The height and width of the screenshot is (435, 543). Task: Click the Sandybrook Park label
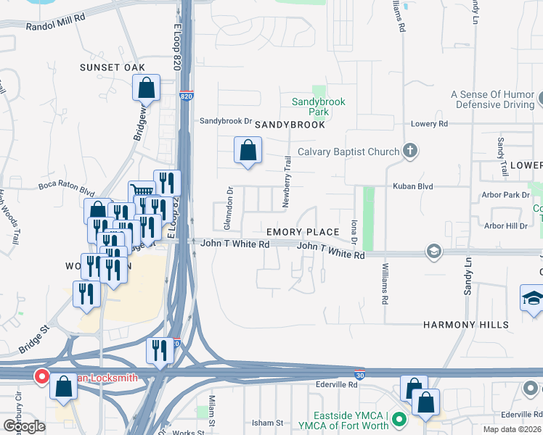(318, 107)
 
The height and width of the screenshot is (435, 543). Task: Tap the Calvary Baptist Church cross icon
(410, 152)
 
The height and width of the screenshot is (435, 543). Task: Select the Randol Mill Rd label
(55, 25)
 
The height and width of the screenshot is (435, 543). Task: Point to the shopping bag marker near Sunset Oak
(146, 88)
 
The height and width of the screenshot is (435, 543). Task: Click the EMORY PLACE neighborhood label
(303, 232)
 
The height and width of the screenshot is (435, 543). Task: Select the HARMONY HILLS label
(466, 325)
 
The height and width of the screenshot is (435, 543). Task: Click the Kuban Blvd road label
(412, 186)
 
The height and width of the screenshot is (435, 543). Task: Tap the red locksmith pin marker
(42, 377)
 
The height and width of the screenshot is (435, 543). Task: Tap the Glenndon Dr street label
(229, 201)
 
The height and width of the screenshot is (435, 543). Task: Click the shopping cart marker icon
(141, 192)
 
